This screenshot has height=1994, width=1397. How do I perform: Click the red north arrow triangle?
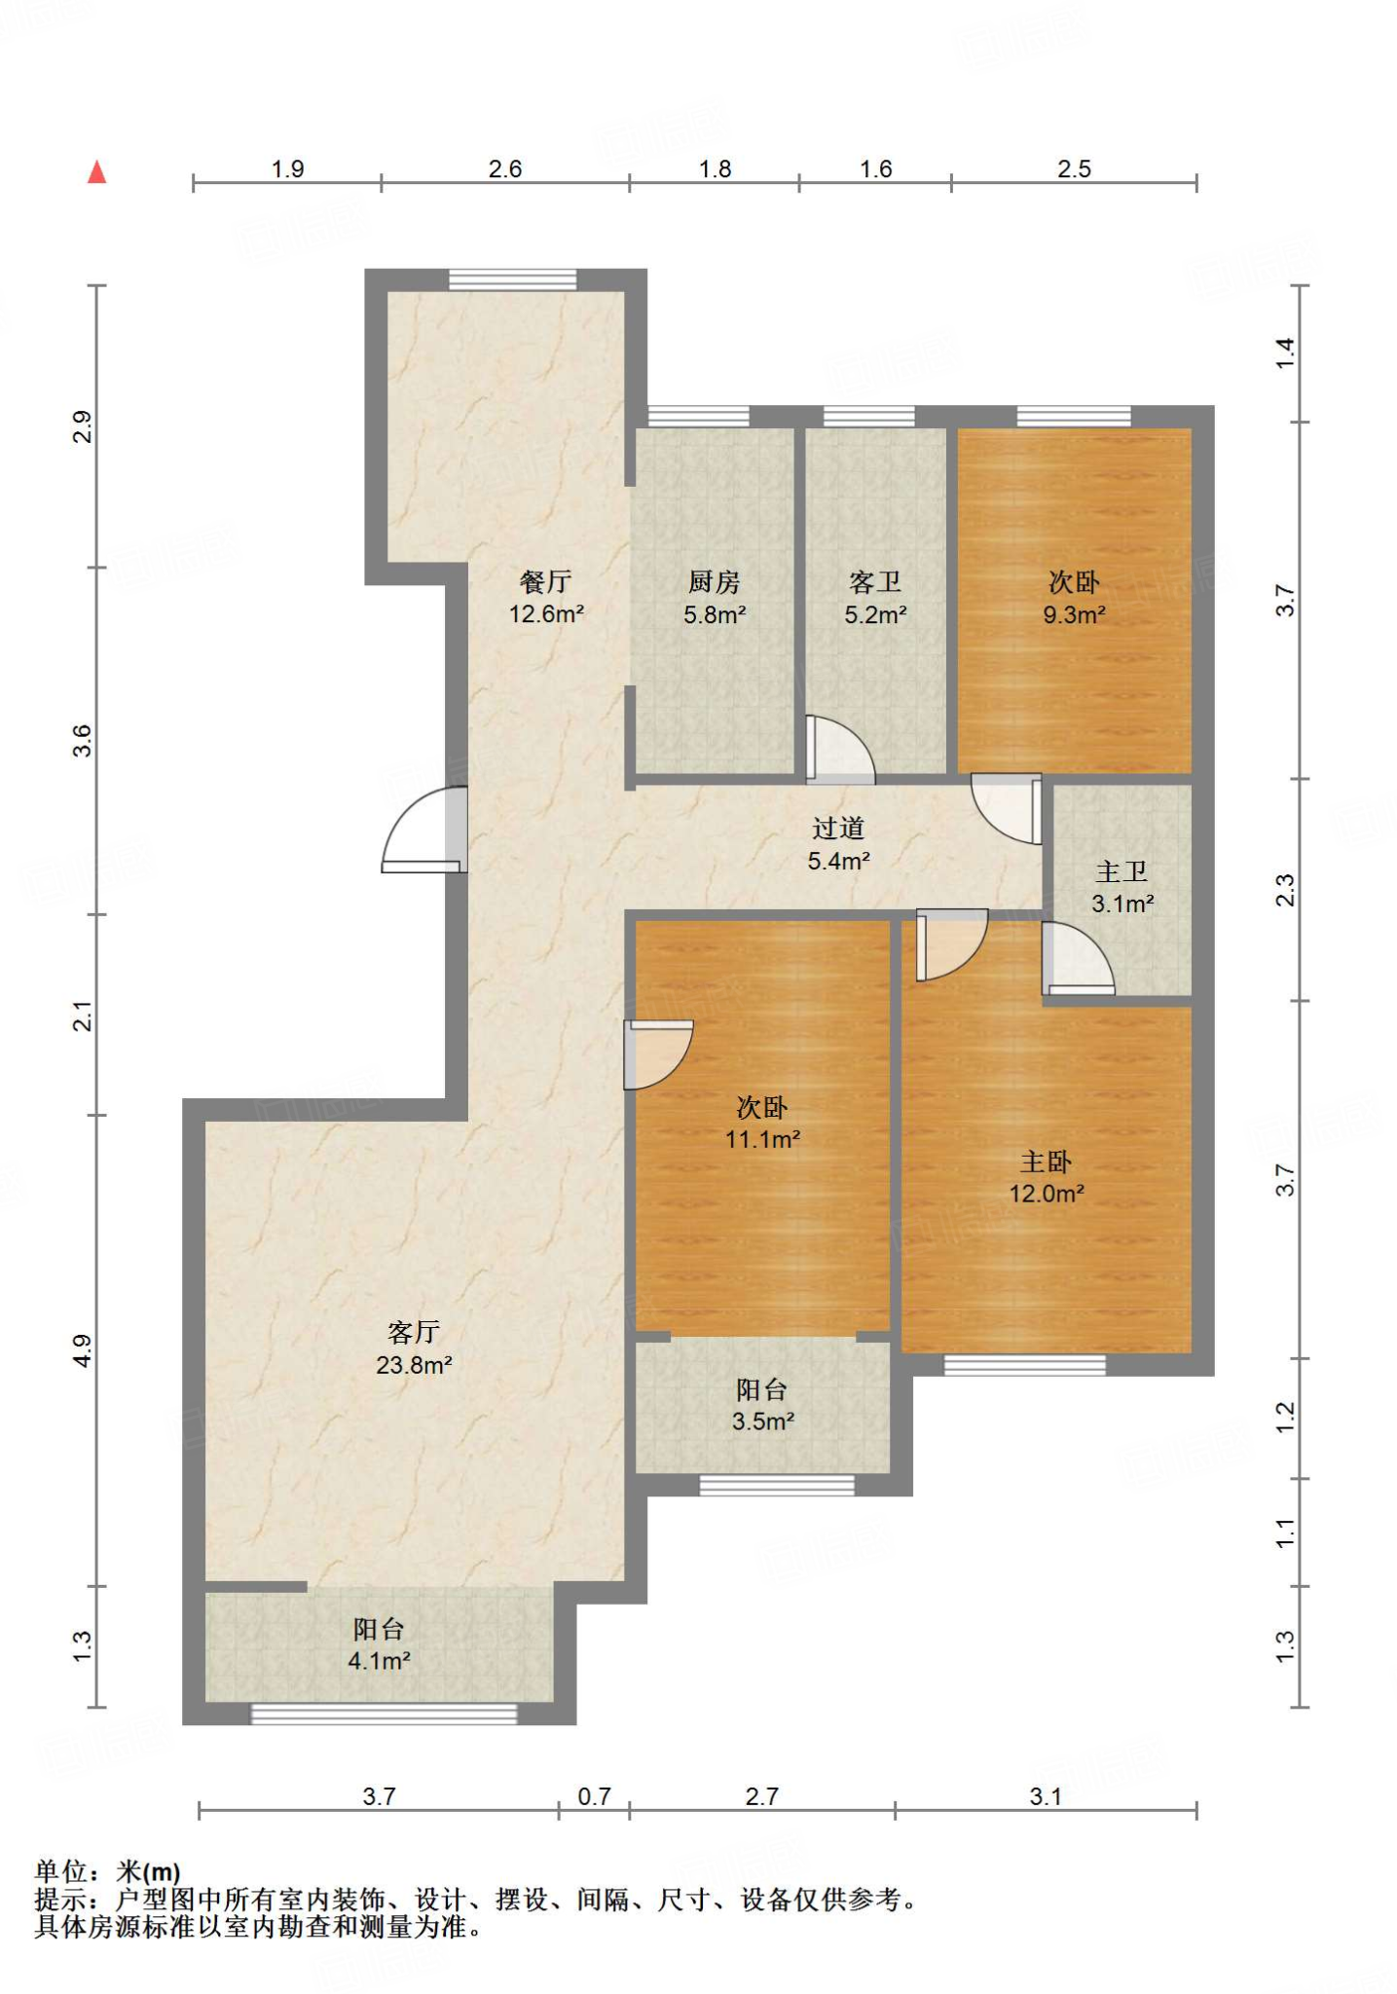(x=96, y=172)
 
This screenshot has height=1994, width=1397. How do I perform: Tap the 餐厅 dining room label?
(x=545, y=582)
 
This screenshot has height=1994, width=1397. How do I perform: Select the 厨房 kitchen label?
(x=714, y=582)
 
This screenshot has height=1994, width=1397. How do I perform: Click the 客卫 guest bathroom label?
(x=875, y=582)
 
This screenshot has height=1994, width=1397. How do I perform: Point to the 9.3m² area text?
(x=1074, y=614)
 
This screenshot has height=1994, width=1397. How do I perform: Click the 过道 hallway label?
(x=838, y=829)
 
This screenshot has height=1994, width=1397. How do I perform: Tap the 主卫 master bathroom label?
(x=1121, y=871)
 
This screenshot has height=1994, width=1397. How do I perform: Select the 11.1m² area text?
(x=762, y=1138)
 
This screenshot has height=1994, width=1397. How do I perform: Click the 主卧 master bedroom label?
(x=1046, y=1162)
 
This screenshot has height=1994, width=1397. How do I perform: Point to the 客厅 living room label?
(x=414, y=1332)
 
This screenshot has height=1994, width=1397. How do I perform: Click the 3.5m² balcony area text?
(x=763, y=1422)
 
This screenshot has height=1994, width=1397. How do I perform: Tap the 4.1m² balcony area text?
(x=379, y=1660)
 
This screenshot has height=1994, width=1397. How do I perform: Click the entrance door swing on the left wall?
(x=424, y=829)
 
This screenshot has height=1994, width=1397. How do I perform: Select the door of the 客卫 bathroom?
(x=840, y=750)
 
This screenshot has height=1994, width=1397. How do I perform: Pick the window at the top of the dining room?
(x=513, y=279)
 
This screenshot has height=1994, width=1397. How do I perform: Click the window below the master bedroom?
(x=1025, y=1365)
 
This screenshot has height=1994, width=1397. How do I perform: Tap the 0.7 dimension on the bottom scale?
(x=594, y=1796)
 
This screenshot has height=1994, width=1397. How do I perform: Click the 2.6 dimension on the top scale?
(x=505, y=169)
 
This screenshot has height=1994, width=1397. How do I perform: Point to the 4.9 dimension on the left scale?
(x=83, y=1350)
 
